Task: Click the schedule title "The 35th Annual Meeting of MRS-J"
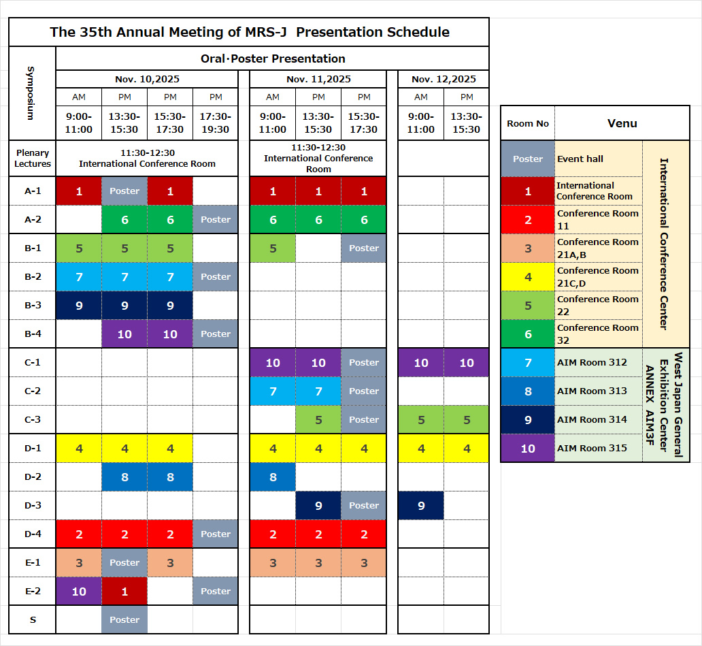[249, 32]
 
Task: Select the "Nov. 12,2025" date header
[444, 79]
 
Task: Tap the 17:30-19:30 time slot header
[216, 123]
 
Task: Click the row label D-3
[33, 505]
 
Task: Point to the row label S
[33, 619]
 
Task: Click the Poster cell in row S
[124, 619]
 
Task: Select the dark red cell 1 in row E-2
[124, 591]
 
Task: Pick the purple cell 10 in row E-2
[79, 591]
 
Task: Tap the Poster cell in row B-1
[364, 248]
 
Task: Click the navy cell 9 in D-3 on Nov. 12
[421, 505]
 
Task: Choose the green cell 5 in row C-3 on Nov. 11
[318, 419]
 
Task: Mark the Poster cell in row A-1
[124, 191]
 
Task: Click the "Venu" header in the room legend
[622, 123]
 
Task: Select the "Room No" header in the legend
[528, 123]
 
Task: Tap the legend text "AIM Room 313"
[592, 391]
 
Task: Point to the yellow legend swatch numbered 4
[528, 277]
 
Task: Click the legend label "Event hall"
[580, 159]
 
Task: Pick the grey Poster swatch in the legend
[528, 159]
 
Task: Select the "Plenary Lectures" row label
[33, 159]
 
